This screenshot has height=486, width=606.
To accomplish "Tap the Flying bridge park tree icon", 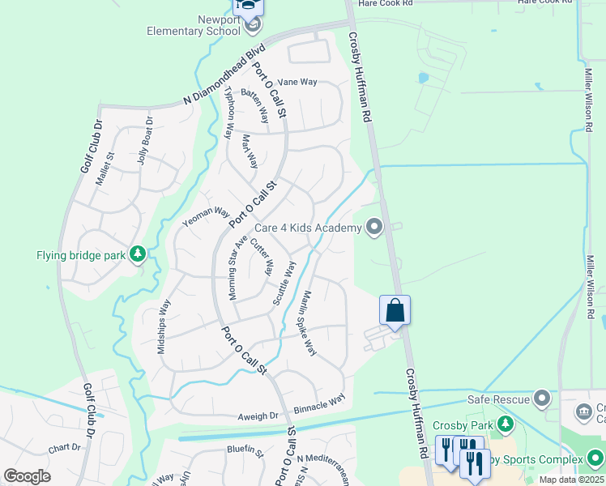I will [139, 255].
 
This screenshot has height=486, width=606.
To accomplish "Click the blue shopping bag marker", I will [395, 310].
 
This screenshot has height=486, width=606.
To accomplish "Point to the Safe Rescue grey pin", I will [542, 399].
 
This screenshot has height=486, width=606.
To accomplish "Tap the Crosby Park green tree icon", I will [506, 424].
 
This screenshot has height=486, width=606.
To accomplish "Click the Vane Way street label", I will [297, 82].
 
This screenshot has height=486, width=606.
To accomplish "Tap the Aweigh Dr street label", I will [258, 416].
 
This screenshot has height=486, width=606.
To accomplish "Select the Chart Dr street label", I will [65, 447].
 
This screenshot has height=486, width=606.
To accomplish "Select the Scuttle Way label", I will [284, 283].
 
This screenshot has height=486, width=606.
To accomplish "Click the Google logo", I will [27, 476].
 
